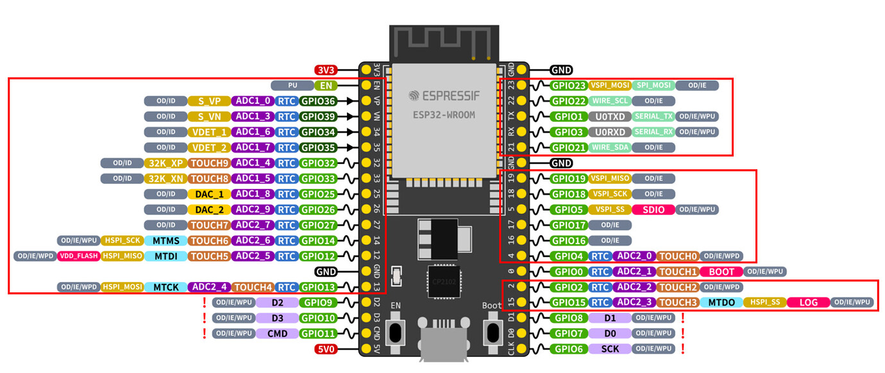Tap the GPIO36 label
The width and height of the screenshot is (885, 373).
tap(318, 101)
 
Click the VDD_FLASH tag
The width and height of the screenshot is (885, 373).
tap(78, 256)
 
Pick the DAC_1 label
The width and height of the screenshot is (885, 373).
tap(209, 194)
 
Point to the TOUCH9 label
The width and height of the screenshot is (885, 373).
tap(209, 163)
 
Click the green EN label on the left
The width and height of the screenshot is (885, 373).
tap(326, 85)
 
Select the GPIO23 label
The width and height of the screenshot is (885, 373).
tap(569, 85)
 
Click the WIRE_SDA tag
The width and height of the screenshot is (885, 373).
tap(609, 147)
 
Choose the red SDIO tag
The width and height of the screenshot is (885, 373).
tap(653, 210)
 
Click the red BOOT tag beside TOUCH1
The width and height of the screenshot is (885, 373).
tap(721, 272)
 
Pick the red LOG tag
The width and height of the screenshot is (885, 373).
tap(809, 303)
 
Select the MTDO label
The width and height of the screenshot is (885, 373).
tap(721, 303)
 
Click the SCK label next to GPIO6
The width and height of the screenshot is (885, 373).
tap(609, 349)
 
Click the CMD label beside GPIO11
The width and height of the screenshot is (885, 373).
tap(276, 333)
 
